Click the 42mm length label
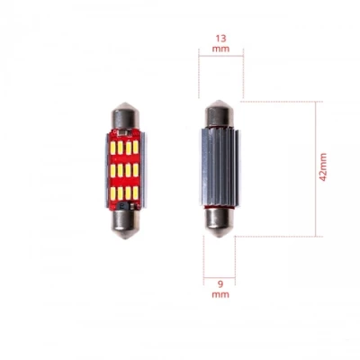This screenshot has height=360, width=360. [x=323, y=168]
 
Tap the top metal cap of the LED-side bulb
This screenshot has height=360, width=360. [x=125, y=116]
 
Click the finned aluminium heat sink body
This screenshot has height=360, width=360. [x=219, y=166]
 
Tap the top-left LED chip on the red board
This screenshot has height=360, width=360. [x=114, y=144]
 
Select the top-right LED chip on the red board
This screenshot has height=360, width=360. [x=136, y=144]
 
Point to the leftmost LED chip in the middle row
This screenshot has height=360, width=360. [x=114, y=168]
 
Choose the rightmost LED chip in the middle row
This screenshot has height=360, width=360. [x=136, y=168]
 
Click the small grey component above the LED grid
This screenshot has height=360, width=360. [x=125, y=131]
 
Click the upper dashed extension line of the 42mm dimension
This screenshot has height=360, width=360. [x=279, y=101]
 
